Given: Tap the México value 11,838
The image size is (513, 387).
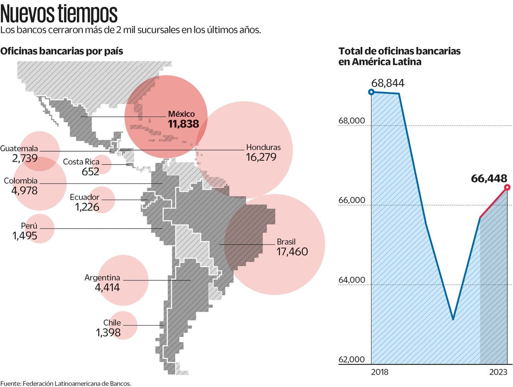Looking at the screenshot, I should coord(184,124).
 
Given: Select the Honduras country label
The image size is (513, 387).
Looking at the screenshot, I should coord(263,147).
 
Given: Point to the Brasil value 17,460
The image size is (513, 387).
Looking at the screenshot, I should coord(292,252).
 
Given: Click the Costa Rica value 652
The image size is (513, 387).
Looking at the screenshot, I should coord(91,172).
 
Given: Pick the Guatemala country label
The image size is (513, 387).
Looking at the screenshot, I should coord(19,148).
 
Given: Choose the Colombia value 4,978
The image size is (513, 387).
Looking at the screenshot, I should coord(24,190).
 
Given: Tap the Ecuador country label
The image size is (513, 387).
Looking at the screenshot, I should coord(84,197).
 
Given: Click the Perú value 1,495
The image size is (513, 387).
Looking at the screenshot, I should coord(25,236).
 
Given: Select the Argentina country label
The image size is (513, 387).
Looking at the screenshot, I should coord(102,278).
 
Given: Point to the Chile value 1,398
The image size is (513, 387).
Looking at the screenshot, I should coord(108,332).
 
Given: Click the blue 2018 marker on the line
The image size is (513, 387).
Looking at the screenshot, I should coord(371,92).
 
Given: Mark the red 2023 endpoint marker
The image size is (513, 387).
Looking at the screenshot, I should coord(507,187).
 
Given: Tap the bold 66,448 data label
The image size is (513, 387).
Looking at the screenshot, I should coord(489,178).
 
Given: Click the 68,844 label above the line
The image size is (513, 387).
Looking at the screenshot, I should coord(388,83).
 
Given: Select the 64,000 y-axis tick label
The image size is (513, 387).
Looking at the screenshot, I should coord(351,280).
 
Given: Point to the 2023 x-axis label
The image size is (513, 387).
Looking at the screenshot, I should coord(498,372).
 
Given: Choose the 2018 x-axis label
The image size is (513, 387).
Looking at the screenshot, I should coord(380,372).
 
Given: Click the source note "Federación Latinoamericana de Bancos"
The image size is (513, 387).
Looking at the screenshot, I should coord(77,383).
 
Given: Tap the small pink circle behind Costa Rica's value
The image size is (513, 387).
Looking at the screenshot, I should coord(102,164).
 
